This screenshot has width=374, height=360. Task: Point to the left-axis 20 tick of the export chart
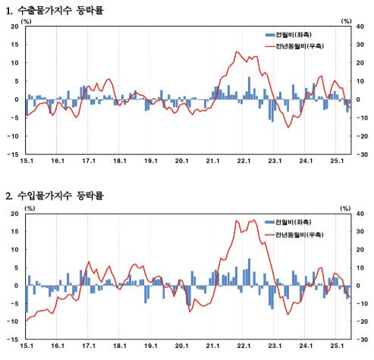(x=14, y=26)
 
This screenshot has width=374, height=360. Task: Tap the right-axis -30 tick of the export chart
(x=362, y=154)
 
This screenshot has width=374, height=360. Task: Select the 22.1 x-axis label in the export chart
(x=244, y=161)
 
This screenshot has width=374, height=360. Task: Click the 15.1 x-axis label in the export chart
(x=27, y=161)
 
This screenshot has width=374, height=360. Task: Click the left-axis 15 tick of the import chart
(x=14, y=232)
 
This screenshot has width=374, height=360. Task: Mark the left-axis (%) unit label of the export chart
(x=28, y=20)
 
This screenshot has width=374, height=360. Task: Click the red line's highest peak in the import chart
(x=237, y=220)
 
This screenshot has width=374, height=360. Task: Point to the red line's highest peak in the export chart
(x=237, y=52)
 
